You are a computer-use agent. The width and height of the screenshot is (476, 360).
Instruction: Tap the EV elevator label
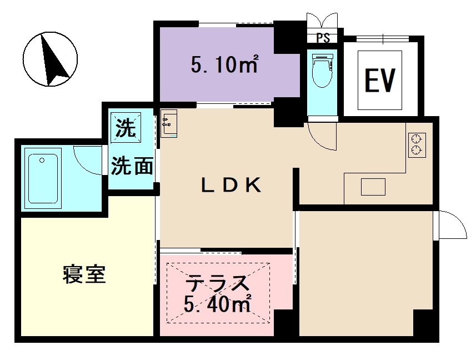tap(379, 81)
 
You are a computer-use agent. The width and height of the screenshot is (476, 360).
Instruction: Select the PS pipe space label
tap(323, 38)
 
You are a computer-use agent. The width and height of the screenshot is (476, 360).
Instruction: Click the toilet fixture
tap(322, 72)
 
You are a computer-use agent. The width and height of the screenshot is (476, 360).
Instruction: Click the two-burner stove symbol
tap(417, 144)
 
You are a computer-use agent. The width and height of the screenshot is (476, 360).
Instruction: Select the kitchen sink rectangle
tap(373, 187)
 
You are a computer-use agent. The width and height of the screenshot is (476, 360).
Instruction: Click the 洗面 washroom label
tap(132, 166)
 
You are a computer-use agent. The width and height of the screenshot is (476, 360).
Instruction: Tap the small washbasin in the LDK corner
tap(168, 123)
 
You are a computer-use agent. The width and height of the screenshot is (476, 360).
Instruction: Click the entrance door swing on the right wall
tap(451, 226)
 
